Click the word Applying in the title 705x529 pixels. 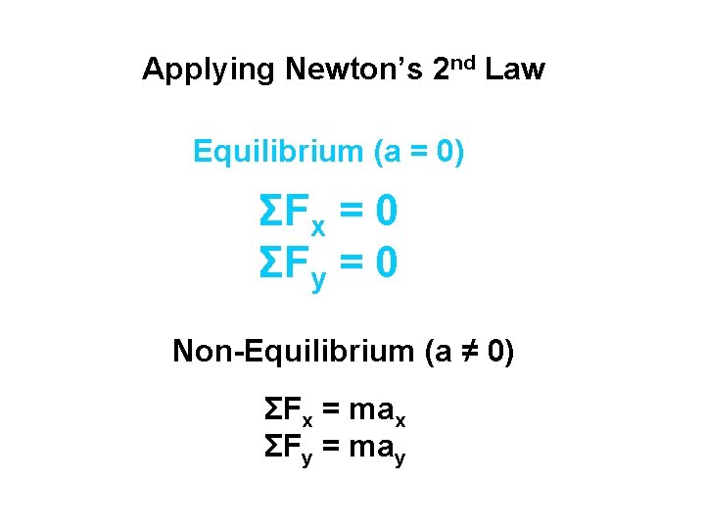(x=210, y=71)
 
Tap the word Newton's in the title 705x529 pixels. (x=354, y=70)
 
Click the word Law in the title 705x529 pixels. (x=514, y=70)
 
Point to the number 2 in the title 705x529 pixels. (x=440, y=70)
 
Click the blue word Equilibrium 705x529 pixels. (x=278, y=152)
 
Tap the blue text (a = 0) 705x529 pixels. (x=419, y=152)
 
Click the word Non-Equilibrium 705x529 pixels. (x=294, y=351)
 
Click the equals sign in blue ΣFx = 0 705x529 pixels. (x=349, y=211)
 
